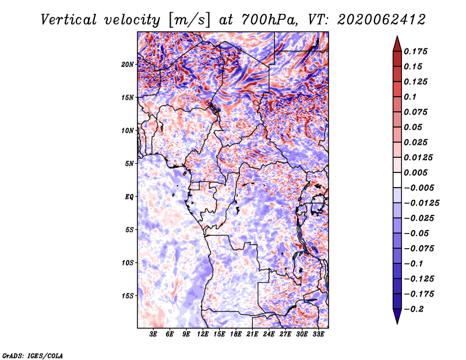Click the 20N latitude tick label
point(128,65)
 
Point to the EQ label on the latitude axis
point(129,197)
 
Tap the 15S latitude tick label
point(128,296)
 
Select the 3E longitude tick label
point(153,334)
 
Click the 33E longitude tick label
point(318,334)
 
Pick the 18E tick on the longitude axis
point(236,334)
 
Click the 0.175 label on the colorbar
point(416,51)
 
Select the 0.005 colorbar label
point(416,172)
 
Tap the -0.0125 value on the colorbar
point(422,203)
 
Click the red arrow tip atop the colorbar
point(397,36)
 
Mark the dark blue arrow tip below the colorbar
point(397,323)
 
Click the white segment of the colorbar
point(397,180)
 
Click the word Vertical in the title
point(69,20)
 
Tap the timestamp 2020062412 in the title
point(382,20)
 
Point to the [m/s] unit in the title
point(189,20)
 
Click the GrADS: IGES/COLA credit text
point(33,355)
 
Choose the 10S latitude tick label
point(128,263)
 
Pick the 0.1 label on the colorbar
point(411,97)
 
